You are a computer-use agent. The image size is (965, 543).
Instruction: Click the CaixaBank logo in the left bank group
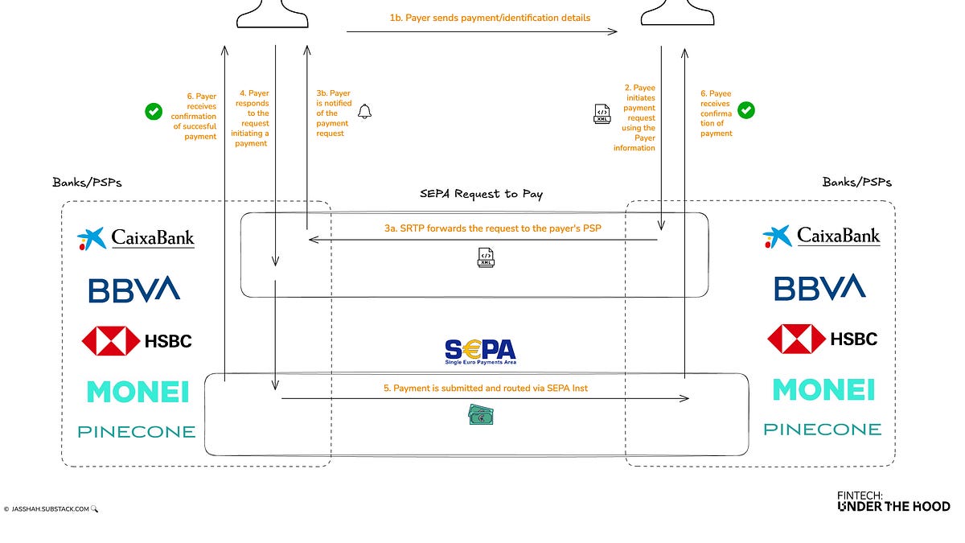point(136,238)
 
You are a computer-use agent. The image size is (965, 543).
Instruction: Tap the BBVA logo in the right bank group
point(819,288)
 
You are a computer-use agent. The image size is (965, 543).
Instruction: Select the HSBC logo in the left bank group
point(137,340)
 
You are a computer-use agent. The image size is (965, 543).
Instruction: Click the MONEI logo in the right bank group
point(823,390)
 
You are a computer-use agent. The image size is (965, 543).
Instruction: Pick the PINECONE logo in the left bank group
point(136,432)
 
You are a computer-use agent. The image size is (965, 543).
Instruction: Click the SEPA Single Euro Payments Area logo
point(480,352)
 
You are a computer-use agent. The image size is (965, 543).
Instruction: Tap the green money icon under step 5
point(481,415)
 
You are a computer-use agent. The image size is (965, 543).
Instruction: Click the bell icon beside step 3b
point(365,112)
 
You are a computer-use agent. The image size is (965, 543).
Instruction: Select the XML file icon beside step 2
point(602,114)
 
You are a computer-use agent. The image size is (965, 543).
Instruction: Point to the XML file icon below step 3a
point(485,258)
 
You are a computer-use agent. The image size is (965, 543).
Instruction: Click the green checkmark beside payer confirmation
point(154,112)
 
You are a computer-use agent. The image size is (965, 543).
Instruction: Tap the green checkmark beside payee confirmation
point(746,109)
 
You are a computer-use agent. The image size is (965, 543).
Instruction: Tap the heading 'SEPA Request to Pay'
point(481,194)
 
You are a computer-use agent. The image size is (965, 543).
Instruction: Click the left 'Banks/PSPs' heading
point(87,182)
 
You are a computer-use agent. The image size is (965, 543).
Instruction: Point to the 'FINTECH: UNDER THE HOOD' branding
point(893,501)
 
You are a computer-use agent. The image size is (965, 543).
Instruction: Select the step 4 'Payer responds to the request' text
point(252,118)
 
